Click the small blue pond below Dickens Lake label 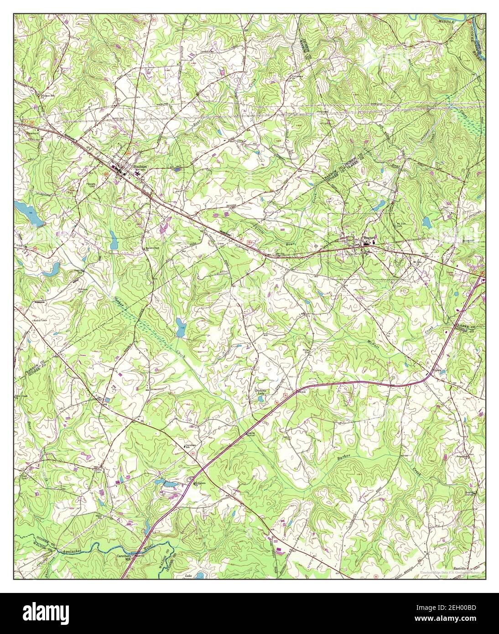point(260,399)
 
